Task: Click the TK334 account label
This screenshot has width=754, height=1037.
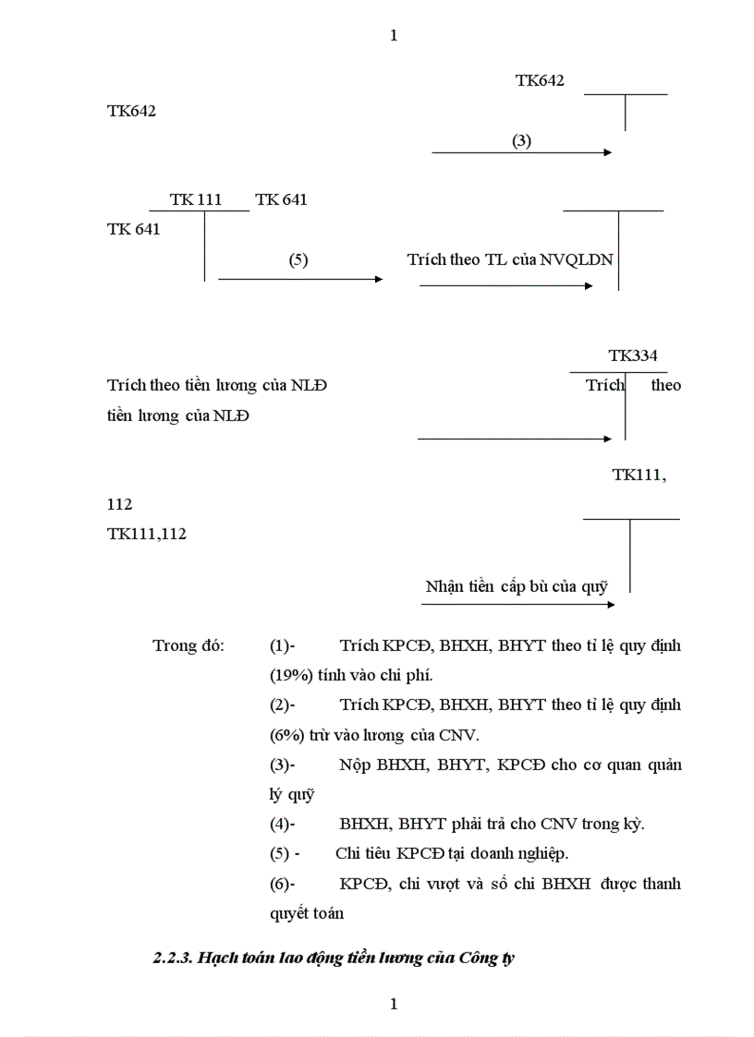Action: click(x=633, y=356)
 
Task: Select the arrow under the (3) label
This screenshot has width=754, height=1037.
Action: click(x=521, y=152)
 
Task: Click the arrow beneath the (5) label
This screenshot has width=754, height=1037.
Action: click(x=299, y=279)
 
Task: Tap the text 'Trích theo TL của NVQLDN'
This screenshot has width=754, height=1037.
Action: click(x=510, y=259)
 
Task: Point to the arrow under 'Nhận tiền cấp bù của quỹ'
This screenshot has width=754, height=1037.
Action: click(x=517, y=605)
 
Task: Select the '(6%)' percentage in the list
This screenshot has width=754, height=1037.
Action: click(x=286, y=735)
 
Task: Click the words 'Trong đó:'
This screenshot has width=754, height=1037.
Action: click(x=188, y=645)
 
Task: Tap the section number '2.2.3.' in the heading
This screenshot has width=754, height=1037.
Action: click(x=173, y=958)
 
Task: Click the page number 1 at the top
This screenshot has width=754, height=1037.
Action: click(x=395, y=36)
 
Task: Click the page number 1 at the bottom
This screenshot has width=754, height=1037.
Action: click(x=395, y=1004)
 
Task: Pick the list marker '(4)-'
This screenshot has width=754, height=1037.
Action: click(x=283, y=824)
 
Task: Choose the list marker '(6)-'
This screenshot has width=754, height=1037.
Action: click(x=283, y=884)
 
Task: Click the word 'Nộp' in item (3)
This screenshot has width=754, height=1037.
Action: click(x=356, y=765)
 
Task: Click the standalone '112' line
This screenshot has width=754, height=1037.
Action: click(x=120, y=504)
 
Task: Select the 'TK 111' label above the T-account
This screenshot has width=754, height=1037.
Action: click(x=196, y=199)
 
